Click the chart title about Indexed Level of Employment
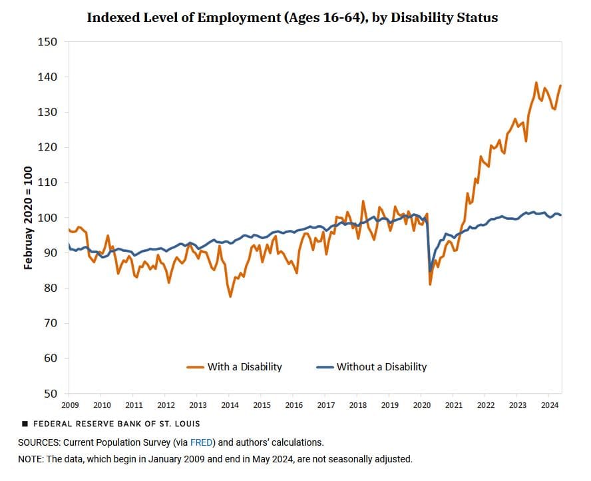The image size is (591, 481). click(292, 17)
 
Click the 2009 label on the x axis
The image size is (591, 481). click(70, 404)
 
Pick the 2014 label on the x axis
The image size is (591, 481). click(230, 404)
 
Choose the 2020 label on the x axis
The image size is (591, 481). click(421, 404)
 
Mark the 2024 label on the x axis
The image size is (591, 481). click(549, 404)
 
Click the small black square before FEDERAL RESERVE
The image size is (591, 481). click(25, 424)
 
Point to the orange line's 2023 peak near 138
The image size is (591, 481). click(536, 83)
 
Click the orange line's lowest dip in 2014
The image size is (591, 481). click(230, 296)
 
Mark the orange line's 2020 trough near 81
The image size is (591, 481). click(431, 284)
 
